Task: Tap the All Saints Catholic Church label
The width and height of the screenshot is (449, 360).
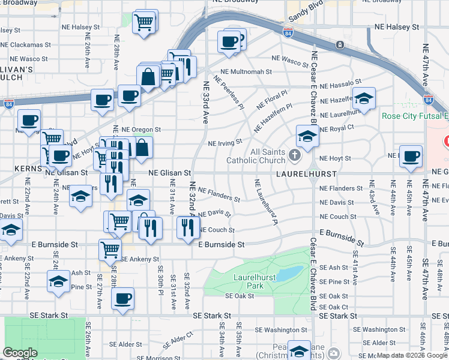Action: pos(256,157)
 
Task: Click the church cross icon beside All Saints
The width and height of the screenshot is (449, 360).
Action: pos(294,156)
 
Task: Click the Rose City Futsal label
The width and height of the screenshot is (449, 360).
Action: pos(415,116)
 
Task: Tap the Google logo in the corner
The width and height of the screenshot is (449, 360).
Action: pos(20,353)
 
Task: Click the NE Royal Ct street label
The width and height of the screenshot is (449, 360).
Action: pos(337,127)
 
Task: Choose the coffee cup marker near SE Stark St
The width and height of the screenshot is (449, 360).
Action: pos(123,299)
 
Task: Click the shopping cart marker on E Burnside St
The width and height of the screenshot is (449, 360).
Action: pos(110,248)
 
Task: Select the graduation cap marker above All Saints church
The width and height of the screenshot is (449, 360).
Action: pos(307,136)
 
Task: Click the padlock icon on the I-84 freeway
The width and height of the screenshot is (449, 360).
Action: pos(340,45)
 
